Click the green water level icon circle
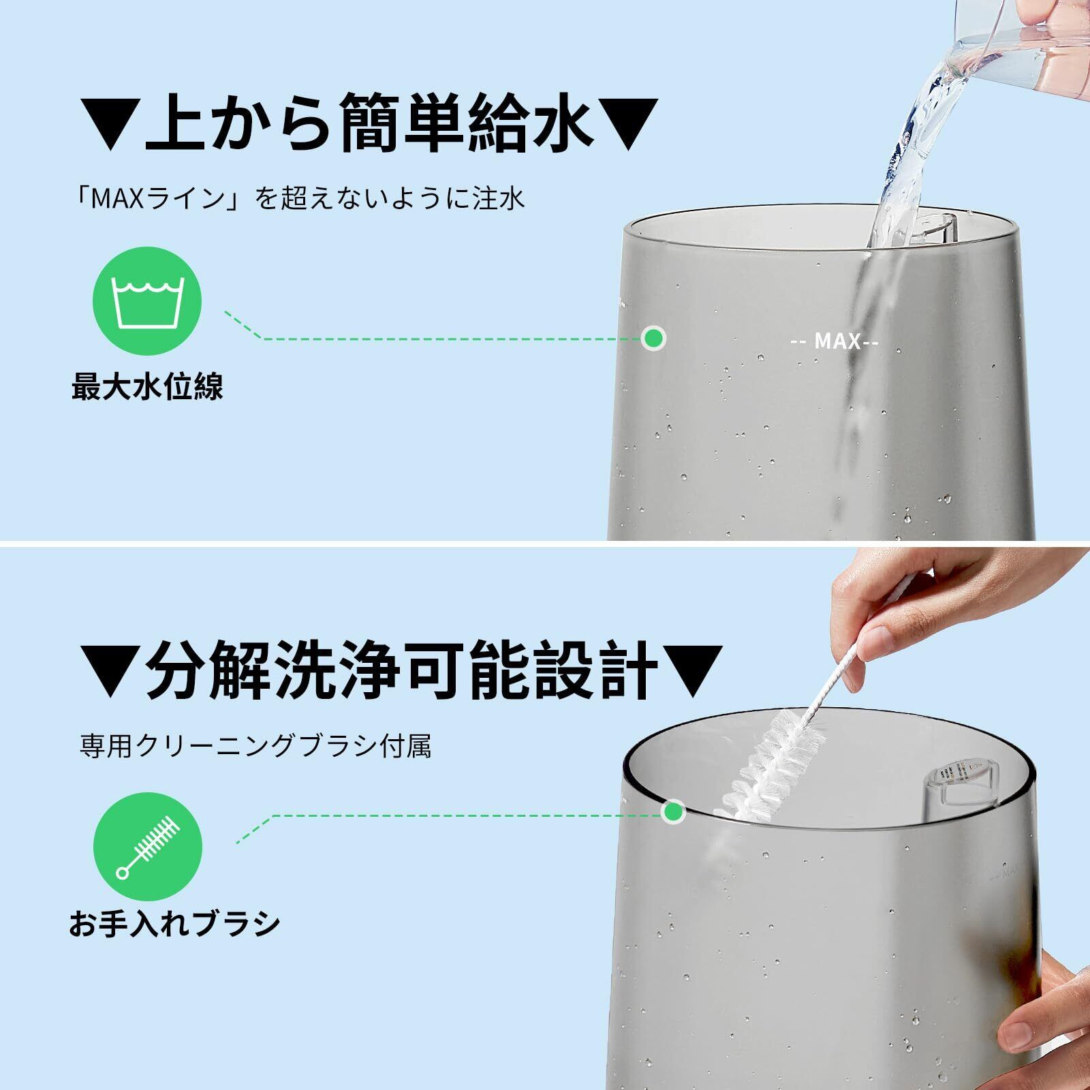(x=147, y=302)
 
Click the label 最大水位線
(x=148, y=387)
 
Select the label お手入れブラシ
(x=174, y=923)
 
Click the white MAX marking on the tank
(x=835, y=341)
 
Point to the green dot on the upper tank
(x=653, y=338)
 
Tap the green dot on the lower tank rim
(x=674, y=811)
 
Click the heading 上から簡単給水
(x=369, y=123)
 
